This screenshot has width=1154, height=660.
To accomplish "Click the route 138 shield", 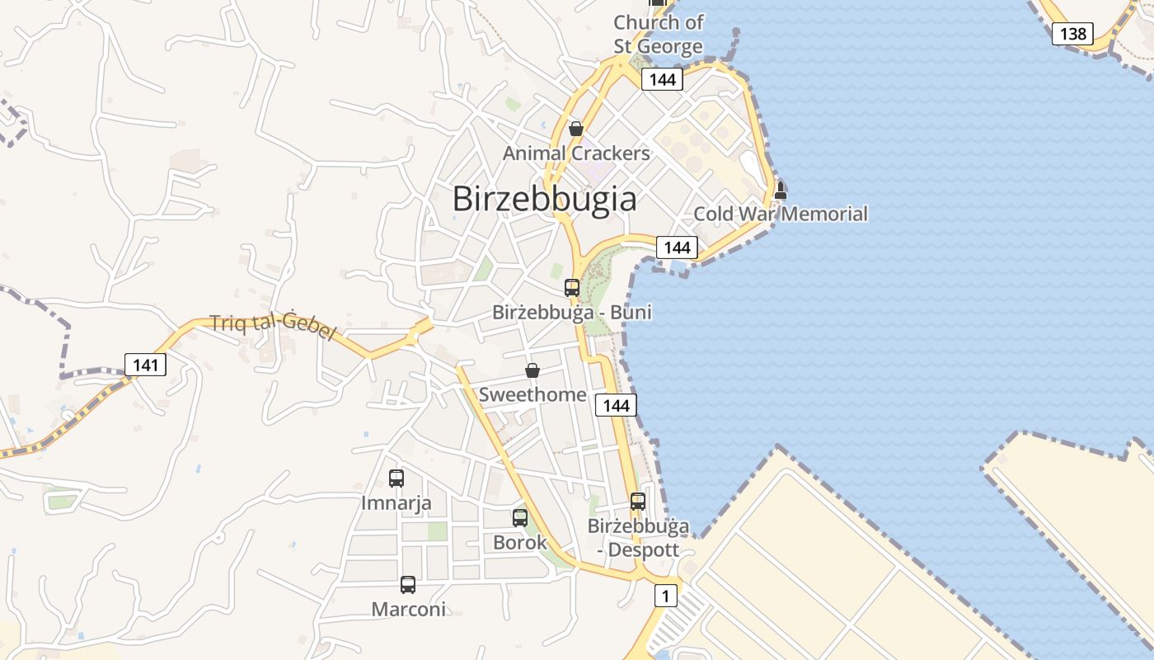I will [1072, 33].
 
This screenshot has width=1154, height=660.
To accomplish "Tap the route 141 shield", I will [145, 364].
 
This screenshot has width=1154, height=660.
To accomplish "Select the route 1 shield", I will [665, 595].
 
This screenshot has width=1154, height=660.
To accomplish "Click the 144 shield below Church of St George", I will [662, 79].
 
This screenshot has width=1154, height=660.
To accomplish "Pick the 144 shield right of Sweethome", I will [616, 405].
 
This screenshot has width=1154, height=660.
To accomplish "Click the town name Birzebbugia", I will [545, 199].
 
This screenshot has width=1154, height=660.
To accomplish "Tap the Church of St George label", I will [658, 34].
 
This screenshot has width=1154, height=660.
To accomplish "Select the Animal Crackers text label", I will [576, 153].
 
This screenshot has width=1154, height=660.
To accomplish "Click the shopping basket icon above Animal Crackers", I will [576, 129].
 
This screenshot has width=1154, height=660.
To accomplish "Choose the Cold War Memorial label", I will [780, 214].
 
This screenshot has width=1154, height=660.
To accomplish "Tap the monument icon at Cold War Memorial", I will [780, 191].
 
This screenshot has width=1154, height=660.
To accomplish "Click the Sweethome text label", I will [532, 394].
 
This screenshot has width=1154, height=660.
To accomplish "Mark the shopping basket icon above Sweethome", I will [532, 370].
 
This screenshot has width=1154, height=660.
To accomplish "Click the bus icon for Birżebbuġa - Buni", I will [572, 288].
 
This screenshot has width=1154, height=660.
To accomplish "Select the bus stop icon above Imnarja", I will [396, 478].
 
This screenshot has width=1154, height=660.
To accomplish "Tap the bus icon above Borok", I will [520, 518].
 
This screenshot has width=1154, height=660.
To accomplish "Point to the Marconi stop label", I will [408, 610].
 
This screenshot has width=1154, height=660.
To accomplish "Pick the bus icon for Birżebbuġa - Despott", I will [637, 501].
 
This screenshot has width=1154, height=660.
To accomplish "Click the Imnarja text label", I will [396, 502].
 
